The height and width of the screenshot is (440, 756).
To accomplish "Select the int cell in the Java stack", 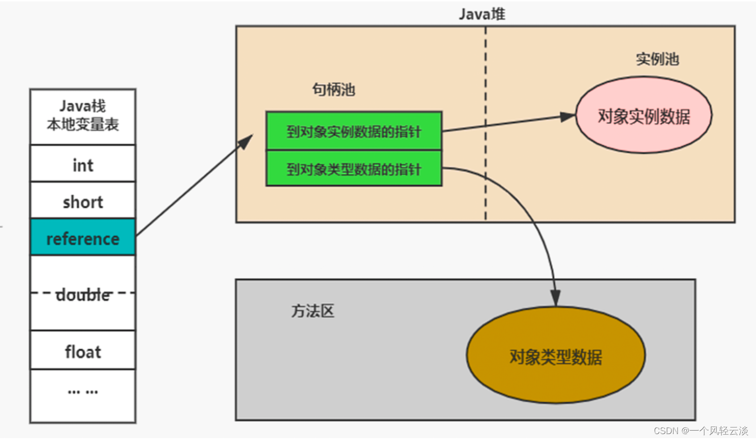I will (x=82, y=164).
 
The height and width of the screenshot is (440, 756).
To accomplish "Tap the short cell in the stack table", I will (x=82, y=201).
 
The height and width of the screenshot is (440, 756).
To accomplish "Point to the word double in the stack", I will (x=82, y=295).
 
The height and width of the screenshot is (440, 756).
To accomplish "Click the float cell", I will (x=82, y=351).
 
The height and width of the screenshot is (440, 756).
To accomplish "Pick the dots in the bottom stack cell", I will (x=82, y=392).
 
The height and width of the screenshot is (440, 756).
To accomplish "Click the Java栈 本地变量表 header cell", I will (x=82, y=116).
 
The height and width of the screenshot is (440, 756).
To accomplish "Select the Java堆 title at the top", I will (x=481, y=14).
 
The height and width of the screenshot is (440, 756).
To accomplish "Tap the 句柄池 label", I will (x=333, y=89).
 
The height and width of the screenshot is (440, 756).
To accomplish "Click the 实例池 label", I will (x=657, y=59).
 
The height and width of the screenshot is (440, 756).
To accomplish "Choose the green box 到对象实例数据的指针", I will (x=354, y=131).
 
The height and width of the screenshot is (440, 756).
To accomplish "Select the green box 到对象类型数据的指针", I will (x=354, y=169).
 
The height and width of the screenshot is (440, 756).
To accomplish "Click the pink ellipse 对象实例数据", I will (x=643, y=116).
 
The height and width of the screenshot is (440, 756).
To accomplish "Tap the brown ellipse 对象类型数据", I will (x=556, y=356).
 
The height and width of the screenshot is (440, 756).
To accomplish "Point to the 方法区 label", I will (x=313, y=311).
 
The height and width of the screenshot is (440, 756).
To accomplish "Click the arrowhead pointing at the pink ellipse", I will (x=568, y=117).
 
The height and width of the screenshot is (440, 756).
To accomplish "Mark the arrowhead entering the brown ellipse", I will (x=555, y=298).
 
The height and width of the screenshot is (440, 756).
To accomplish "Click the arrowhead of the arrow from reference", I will (x=245, y=141).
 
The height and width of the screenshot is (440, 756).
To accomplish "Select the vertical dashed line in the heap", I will (x=485, y=123).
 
